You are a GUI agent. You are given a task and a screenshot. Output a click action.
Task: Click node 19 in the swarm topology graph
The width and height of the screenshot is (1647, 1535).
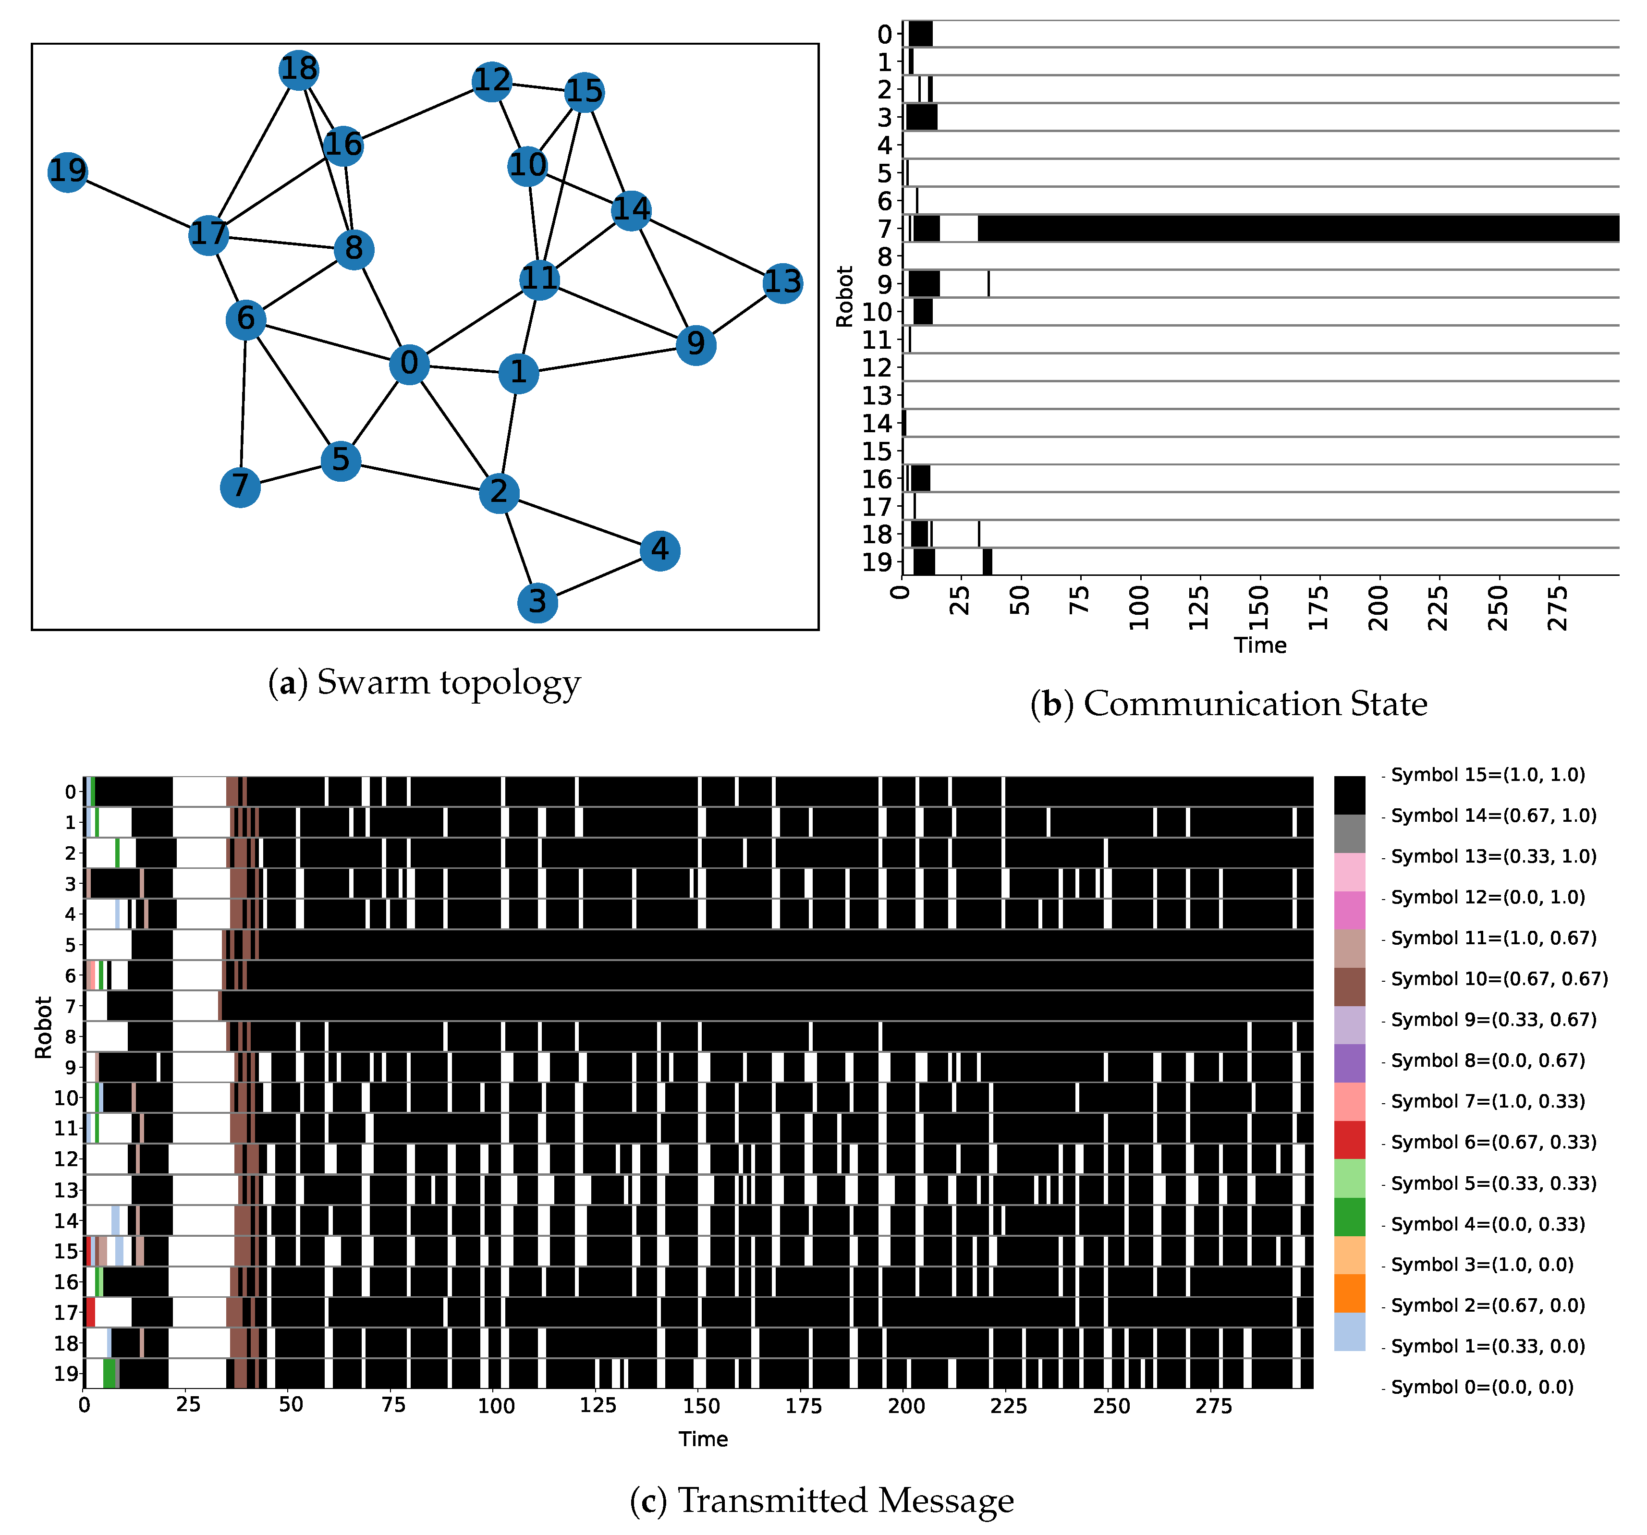coord(67,171)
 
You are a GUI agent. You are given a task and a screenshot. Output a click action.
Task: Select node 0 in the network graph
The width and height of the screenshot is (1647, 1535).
coord(409,364)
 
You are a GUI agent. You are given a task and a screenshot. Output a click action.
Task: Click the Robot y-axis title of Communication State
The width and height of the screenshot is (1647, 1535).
coord(844,296)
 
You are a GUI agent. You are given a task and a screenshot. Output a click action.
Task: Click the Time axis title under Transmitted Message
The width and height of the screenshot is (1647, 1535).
coord(703,1439)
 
